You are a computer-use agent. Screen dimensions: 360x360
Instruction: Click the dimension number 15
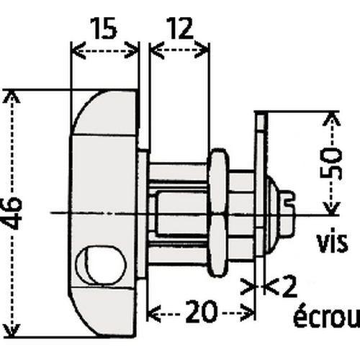tap(105, 30)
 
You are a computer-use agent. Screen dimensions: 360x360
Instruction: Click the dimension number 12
tap(179, 30)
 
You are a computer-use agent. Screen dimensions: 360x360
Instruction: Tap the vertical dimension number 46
tap(16, 212)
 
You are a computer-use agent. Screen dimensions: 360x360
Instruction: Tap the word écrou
tap(325, 318)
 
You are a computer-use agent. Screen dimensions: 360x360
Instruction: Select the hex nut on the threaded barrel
tap(218, 213)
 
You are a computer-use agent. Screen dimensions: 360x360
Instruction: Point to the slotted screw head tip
tap(289, 203)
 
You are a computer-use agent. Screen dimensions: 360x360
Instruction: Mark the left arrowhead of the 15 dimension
tap(74, 50)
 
